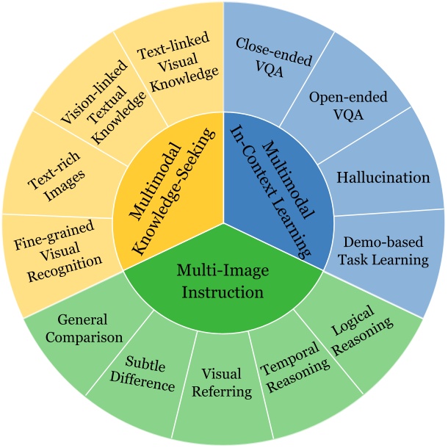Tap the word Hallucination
[x=383, y=177]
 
